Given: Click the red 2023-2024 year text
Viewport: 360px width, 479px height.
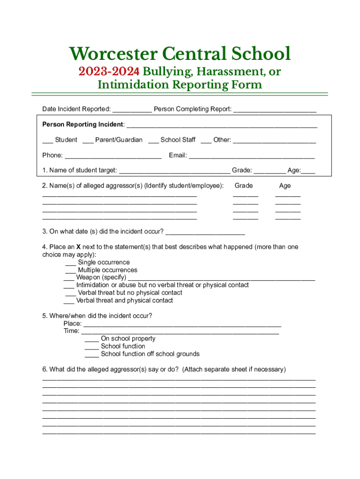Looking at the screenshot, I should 109,72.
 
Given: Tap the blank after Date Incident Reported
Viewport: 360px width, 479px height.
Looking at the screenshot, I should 132,110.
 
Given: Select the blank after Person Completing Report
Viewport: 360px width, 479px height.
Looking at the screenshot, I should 274,110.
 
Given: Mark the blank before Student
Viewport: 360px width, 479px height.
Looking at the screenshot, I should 47,141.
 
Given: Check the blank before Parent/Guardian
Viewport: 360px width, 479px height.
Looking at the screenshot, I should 87,141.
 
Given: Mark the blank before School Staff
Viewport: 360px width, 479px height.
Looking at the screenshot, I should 153,141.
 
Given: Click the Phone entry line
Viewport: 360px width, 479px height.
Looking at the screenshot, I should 113,156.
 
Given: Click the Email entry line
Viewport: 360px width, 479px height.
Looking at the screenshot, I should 252,156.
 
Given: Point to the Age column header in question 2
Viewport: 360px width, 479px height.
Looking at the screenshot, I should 285,186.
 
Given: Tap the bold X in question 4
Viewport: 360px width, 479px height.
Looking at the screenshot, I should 79,247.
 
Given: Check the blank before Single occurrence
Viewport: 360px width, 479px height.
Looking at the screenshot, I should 71,263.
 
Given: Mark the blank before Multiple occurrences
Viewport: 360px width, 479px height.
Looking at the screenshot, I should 71,271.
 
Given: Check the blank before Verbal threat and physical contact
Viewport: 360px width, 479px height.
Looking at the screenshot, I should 69,301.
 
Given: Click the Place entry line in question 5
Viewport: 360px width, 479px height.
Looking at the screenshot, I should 182,324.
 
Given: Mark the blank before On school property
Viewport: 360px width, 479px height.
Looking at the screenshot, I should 92,340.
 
